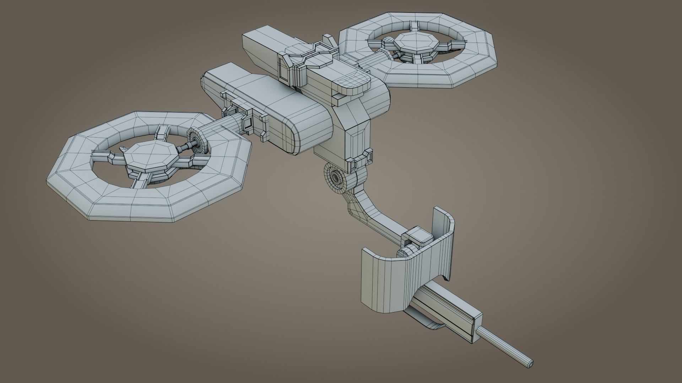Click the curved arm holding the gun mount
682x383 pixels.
(x=377, y=213)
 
